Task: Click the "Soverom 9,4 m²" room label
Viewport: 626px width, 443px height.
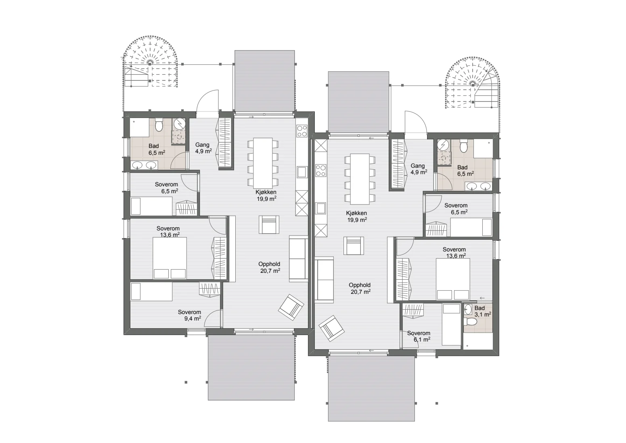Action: [189, 315]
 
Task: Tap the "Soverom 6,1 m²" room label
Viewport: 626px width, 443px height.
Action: [419, 336]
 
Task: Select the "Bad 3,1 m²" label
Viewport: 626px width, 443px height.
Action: [483, 311]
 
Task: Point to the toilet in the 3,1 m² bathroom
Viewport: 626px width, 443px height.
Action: [470, 322]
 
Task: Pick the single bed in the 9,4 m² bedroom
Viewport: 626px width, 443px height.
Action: [151, 291]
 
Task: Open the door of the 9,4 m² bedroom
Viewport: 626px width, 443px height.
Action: [213, 318]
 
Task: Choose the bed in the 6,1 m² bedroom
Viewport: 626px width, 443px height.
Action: [451, 325]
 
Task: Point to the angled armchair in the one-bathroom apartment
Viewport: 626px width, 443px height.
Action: [291, 307]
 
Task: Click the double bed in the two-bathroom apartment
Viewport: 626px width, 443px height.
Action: [453, 279]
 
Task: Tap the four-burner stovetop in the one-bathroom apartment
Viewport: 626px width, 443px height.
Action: [302, 131]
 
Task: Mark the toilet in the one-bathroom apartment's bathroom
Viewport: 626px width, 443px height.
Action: [159, 124]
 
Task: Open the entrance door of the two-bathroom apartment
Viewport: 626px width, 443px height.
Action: [416, 123]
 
